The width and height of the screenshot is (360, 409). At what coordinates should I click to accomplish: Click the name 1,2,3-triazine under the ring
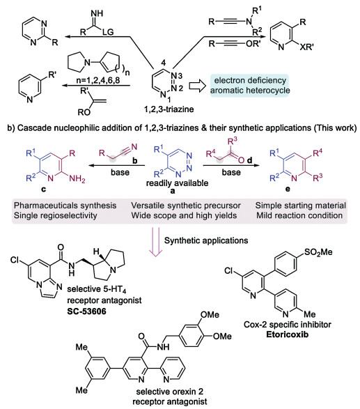(x=169, y=109)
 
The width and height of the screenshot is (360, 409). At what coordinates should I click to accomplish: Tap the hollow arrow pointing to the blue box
(x=197, y=86)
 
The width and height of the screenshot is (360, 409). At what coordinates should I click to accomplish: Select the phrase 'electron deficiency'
(x=250, y=80)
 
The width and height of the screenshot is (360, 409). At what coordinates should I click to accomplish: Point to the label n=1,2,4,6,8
(x=98, y=80)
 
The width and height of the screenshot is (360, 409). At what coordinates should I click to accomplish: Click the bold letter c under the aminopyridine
(x=44, y=189)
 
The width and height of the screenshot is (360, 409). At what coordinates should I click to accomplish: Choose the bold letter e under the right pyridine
(x=288, y=189)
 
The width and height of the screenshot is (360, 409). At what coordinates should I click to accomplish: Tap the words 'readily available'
(x=177, y=183)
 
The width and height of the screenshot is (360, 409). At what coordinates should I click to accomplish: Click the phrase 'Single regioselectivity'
(x=55, y=215)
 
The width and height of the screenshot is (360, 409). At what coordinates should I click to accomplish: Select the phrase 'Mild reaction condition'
(x=299, y=215)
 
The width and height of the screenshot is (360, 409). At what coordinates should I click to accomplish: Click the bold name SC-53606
(x=86, y=311)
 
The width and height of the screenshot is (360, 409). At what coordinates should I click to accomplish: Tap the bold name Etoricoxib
(x=287, y=334)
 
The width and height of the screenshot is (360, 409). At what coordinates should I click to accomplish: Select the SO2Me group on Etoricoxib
(x=318, y=252)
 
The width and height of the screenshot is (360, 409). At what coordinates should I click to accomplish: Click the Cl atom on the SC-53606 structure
(x=15, y=260)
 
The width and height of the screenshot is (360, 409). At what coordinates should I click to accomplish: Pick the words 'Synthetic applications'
(x=206, y=240)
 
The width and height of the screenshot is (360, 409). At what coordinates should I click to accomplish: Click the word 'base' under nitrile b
(x=120, y=172)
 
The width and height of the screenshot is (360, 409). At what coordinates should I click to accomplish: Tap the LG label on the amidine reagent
(x=108, y=32)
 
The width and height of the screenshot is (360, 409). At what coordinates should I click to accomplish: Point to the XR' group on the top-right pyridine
(x=306, y=47)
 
